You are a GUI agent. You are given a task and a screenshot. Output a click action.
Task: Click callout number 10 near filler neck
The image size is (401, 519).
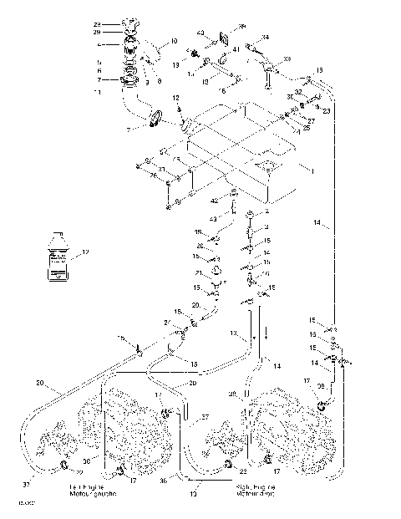[x=174, y=40]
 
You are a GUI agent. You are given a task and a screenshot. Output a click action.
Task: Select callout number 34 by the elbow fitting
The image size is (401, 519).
[x=265, y=38]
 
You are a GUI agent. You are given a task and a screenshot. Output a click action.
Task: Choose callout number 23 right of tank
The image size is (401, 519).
[x=327, y=109]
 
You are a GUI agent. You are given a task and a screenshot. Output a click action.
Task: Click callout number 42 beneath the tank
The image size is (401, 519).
[x=215, y=201]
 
